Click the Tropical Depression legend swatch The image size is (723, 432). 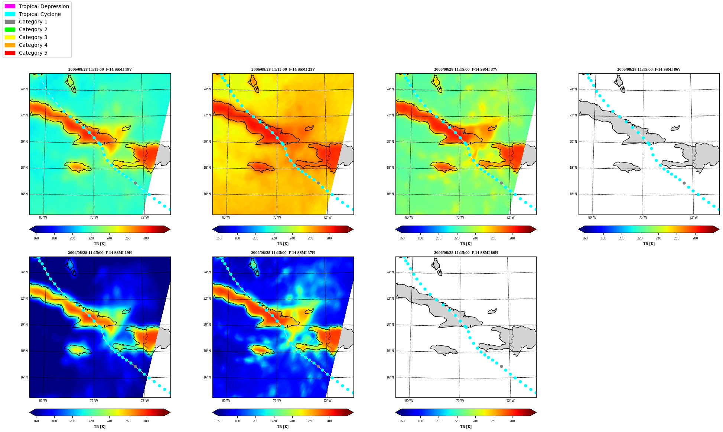click(x=10, y=6)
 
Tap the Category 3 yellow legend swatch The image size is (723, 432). click(x=10, y=37)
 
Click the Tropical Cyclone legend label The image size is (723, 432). click(x=40, y=14)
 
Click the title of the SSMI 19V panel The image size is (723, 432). click(x=100, y=70)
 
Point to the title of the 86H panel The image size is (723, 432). click(x=466, y=253)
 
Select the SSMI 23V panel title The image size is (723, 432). click(x=283, y=70)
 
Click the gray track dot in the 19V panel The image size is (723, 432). click(x=135, y=183)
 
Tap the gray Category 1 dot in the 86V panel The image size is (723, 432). click(x=684, y=183)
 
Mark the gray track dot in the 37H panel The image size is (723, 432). click(x=318, y=366)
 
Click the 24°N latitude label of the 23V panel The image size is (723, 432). click(x=207, y=89)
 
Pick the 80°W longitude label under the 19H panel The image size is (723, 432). click(x=43, y=401)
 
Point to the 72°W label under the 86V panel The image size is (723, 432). click(x=694, y=217)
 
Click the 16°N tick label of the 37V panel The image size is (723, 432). click(x=390, y=194)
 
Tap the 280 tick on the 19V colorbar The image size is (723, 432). click(x=146, y=238)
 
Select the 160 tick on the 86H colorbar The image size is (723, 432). click(x=402, y=421)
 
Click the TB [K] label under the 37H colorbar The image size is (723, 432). click(x=283, y=427)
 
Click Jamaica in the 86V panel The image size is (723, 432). click(x=627, y=167)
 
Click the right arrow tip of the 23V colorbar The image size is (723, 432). click(x=353, y=229)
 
